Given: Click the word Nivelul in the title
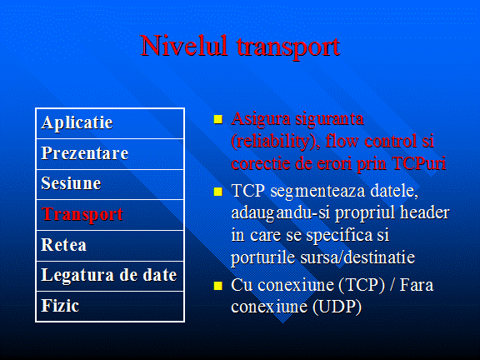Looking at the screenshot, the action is coord(184,45).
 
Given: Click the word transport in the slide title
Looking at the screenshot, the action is coord(288,47).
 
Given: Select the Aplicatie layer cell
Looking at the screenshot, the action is coord(110,123).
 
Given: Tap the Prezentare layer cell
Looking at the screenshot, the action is coord(110,154).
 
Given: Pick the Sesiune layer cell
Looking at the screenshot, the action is coord(110,184).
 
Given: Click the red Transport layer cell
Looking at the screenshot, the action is coord(110,215).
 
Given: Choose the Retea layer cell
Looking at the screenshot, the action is coord(110,246).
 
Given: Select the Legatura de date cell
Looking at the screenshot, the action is coord(110,276).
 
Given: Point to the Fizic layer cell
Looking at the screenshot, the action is coord(110,306).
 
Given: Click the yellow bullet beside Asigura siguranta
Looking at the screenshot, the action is coord(218,119).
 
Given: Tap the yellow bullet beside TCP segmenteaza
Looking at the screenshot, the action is coord(218,192).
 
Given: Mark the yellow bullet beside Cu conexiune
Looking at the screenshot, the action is coord(218,286).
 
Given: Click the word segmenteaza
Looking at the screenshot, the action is coord(317,192).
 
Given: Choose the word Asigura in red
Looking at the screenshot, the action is coord(261,119).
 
